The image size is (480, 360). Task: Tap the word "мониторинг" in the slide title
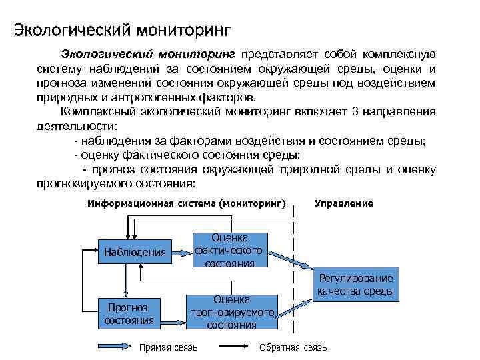[x=183, y=30]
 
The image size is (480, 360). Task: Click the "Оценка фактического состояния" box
[x=229, y=250]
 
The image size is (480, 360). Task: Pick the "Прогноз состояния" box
[x=129, y=313]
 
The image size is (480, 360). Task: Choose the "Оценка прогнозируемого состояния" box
[x=232, y=312]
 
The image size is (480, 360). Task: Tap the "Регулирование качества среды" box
[x=355, y=285]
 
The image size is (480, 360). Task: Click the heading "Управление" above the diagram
[x=343, y=203]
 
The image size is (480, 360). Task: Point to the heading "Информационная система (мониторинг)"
[x=186, y=203]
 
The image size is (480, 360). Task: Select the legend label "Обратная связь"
[x=293, y=348]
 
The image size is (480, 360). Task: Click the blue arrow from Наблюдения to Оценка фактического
[x=182, y=251]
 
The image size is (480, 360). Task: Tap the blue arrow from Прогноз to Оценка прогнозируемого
[x=174, y=312]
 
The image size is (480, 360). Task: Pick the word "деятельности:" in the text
[x=77, y=125]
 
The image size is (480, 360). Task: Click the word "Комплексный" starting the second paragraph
[x=93, y=111]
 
